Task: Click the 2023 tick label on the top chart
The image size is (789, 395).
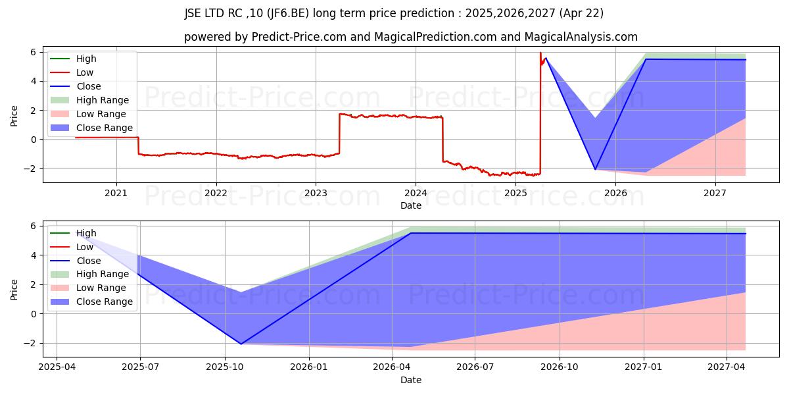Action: [x=316, y=193]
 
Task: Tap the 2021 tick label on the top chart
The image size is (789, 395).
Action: [x=116, y=193]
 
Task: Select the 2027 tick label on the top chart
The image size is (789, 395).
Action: [x=715, y=193]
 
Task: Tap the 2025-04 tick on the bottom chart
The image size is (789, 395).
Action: [x=57, y=367]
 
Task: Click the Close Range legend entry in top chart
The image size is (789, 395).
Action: [x=104, y=128]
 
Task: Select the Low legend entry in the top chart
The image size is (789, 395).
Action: [x=85, y=72]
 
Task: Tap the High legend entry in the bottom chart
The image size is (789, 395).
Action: [x=86, y=233]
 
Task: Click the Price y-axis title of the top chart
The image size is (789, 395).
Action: [x=14, y=115]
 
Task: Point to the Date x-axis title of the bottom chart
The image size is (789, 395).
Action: [x=411, y=380]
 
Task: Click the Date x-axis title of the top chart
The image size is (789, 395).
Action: [x=411, y=205]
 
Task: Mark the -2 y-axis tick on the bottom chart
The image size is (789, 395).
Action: [x=33, y=343]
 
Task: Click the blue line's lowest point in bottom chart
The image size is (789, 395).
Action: [x=241, y=344]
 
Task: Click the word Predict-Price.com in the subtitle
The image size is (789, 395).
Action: [x=299, y=37]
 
